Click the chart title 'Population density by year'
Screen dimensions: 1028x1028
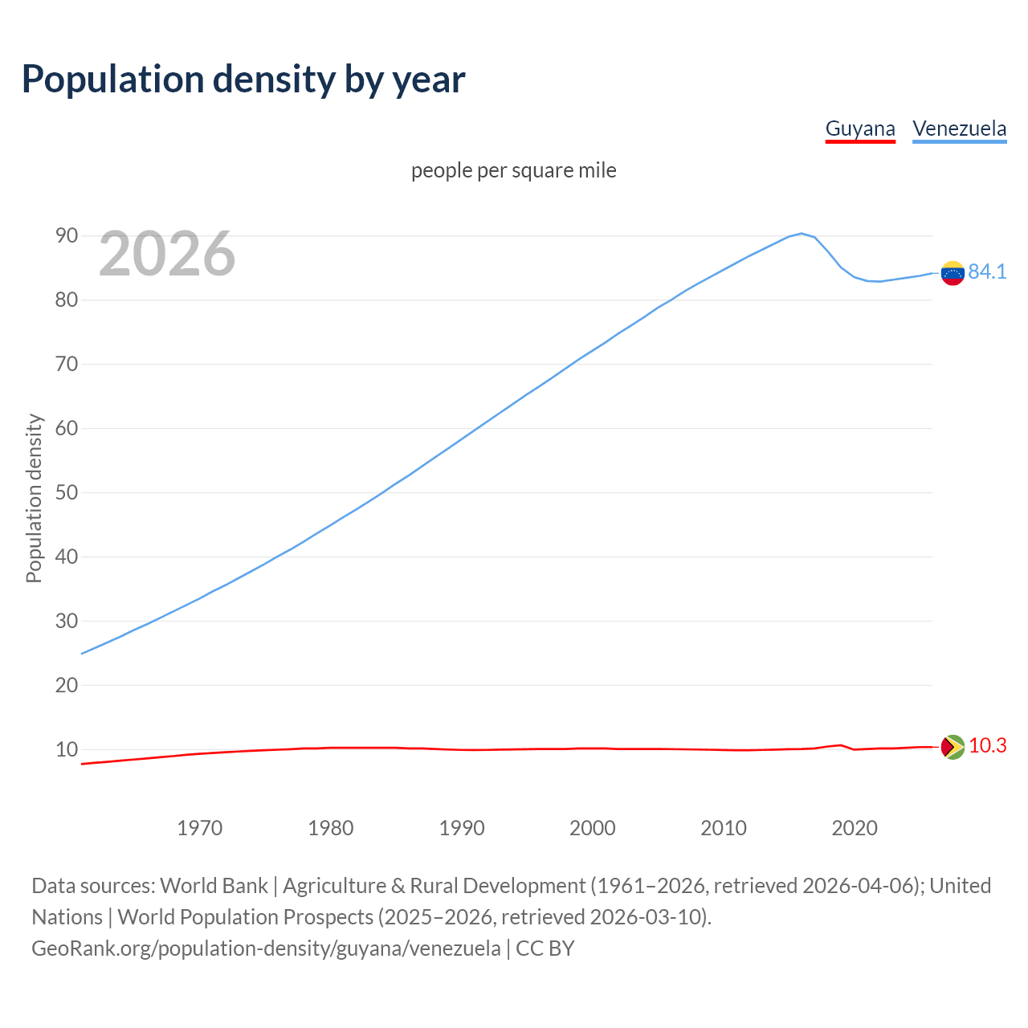pyautogui.click(x=243, y=80)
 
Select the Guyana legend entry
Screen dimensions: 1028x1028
pyautogui.click(x=860, y=129)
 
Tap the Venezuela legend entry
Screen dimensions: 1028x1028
pyautogui.click(x=959, y=129)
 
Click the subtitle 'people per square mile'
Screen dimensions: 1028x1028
pyautogui.click(x=514, y=171)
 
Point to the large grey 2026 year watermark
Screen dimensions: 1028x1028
pyautogui.click(x=167, y=254)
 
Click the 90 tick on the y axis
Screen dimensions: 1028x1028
pyautogui.click(x=67, y=236)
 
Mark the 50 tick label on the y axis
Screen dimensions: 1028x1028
pyautogui.click(x=67, y=493)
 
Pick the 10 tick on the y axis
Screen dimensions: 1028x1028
pyautogui.click(x=67, y=750)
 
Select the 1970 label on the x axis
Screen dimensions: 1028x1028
pyautogui.click(x=199, y=828)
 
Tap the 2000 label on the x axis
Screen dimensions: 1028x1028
pyautogui.click(x=592, y=828)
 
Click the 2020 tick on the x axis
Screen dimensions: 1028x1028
pyautogui.click(x=854, y=828)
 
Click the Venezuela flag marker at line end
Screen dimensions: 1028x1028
pyautogui.click(x=953, y=273)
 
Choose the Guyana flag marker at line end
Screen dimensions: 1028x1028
pyautogui.click(x=953, y=747)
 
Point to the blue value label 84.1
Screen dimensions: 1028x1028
pyautogui.click(x=987, y=272)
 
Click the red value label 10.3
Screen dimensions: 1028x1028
pyautogui.click(x=987, y=746)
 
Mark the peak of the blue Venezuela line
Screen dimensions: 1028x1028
pyautogui.click(x=801, y=234)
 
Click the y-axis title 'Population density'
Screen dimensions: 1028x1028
pyautogui.click(x=34, y=498)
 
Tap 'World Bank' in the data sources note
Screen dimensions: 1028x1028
pyautogui.click(x=214, y=886)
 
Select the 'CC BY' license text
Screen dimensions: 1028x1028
pyautogui.click(x=545, y=948)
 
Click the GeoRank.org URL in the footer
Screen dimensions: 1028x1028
pyautogui.click(x=266, y=948)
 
